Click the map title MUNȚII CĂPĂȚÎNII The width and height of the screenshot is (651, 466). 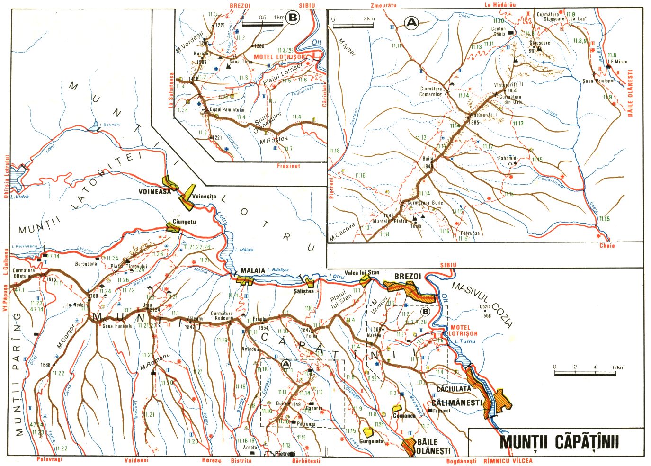[x=559, y=441]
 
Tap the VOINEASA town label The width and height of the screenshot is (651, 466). [x=154, y=192]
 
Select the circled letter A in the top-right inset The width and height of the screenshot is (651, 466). [x=412, y=22]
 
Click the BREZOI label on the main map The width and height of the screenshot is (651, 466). [x=408, y=276]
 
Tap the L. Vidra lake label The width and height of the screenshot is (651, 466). [x=19, y=197]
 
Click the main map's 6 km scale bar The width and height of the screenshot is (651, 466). [x=585, y=374]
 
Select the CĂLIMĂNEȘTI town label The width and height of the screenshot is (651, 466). [x=456, y=403]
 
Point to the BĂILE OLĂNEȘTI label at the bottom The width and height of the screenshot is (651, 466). [x=433, y=446]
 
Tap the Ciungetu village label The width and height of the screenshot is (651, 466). [x=184, y=221]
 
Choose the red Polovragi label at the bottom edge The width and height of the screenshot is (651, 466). [x=49, y=459]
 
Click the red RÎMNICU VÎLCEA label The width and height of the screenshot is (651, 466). [x=508, y=460]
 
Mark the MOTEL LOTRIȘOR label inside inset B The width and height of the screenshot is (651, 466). [x=279, y=57]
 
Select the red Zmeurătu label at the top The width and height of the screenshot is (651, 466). [x=383, y=5]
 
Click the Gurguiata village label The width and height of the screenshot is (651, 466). [x=371, y=441]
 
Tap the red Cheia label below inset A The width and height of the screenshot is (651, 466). [x=606, y=245]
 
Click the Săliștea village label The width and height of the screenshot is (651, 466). [x=303, y=291]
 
